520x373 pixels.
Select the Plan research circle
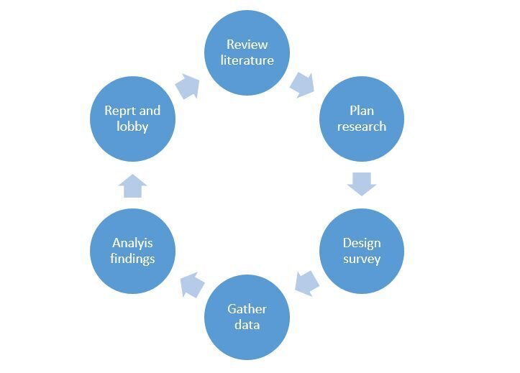[362, 119]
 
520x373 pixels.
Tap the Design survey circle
[362, 251]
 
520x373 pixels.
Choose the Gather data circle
[247, 317]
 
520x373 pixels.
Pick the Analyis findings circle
[133, 251]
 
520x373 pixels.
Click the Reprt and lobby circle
[132, 119]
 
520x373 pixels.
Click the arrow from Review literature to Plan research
[302, 84]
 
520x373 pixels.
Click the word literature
[247, 60]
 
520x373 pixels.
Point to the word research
[362, 126]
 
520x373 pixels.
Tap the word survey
[362, 259]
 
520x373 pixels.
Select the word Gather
[247, 309]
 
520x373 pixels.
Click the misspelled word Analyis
[133, 243]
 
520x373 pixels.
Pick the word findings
[133, 259]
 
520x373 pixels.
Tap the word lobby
[132, 126]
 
